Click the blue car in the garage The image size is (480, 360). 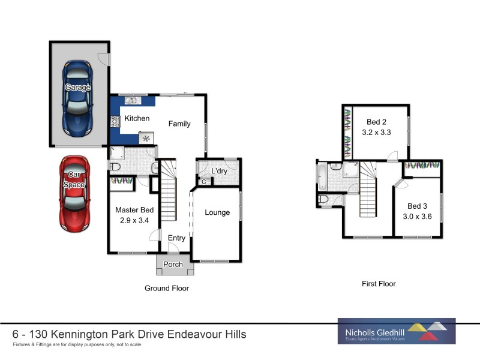79,98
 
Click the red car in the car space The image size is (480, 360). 74,193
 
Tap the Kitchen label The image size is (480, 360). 137,118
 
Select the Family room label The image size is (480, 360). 179,124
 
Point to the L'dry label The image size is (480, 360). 219,170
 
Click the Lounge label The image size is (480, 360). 217,212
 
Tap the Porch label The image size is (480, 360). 173,264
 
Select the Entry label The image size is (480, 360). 176,238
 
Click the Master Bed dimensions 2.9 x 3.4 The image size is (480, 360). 134,220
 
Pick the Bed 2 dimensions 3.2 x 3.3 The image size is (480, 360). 376,133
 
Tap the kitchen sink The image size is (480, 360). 132,101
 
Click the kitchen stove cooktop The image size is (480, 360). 115,121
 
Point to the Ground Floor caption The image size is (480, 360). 167,289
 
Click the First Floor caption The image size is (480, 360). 379,284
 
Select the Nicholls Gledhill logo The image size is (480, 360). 397,331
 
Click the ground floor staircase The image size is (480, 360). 170,191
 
